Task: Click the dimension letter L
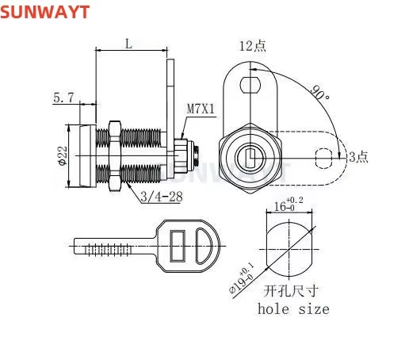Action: pyautogui.click(x=128, y=44)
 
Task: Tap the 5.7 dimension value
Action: pyautogui.click(x=64, y=98)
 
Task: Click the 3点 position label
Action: pyautogui.click(x=357, y=157)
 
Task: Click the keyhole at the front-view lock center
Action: pyautogui.click(x=251, y=159)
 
